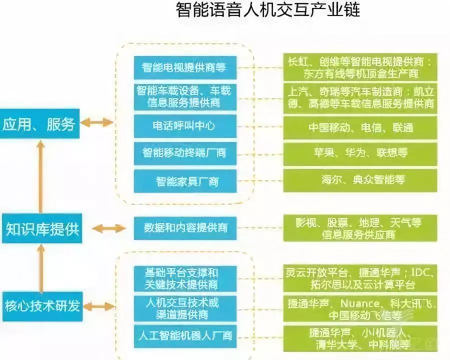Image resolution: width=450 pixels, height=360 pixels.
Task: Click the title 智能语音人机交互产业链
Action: coord(268,10)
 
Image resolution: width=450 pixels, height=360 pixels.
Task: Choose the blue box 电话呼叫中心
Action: coord(184,125)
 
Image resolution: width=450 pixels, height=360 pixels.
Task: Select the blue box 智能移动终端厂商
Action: coord(184,152)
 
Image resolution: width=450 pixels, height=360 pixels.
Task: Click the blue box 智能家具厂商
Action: coord(184,180)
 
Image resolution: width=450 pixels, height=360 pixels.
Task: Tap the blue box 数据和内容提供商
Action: coord(184,228)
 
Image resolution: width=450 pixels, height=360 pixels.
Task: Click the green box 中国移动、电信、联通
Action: coord(360,127)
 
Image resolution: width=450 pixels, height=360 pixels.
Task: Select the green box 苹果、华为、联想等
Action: coord(360,152)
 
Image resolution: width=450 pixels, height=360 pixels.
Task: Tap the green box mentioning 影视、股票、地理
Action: coord(360,228)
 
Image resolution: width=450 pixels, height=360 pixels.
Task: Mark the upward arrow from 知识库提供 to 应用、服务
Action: coord(39,175)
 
